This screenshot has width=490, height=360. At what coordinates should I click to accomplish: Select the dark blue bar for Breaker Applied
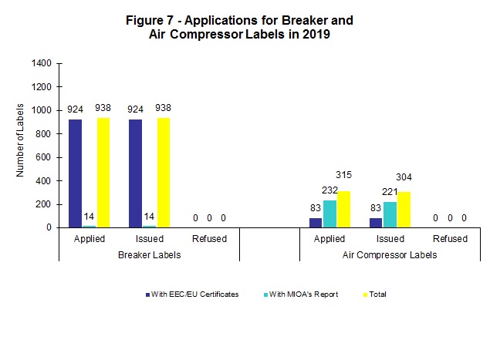click(x=75, y=173)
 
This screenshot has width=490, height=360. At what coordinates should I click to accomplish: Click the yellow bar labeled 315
click(x=343, y=209)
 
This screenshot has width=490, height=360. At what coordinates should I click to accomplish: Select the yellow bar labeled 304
click(x=404, y=210)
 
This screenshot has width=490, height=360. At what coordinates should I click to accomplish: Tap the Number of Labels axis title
click(x=20, y=146)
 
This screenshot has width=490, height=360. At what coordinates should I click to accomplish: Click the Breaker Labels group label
click(x=149, y=254)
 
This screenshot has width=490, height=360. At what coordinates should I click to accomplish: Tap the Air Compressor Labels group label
click(x=390, y=254)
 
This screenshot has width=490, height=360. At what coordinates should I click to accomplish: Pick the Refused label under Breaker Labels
click(x=209, y=239)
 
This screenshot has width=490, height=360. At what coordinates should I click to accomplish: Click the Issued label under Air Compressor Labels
click(x=390, y=239)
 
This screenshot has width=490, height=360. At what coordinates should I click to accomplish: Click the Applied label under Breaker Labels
click(x=89, y=239)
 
